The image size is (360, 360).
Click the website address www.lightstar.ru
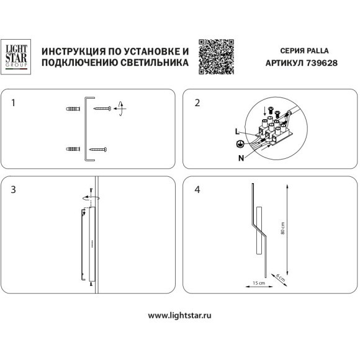coord(180,315)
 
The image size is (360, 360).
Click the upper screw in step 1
coord(102,109)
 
